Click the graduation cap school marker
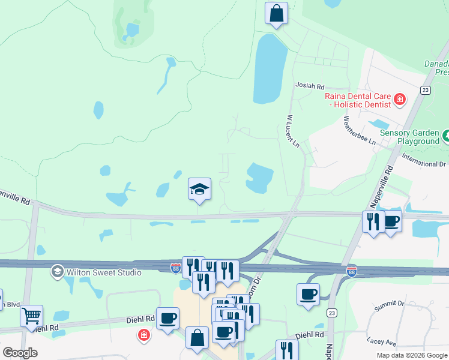tap(199, 190)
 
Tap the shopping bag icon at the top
tap(276, 13)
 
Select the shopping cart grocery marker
tap(31, 314)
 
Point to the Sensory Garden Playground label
tap(418, 137)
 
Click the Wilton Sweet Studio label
tap(104, 272)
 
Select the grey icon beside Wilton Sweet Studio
tap(58, 272)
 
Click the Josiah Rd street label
tap(310, 86)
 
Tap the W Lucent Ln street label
tap(292, 131)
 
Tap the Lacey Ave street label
tap(382, 343)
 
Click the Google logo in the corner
tap(20, 353)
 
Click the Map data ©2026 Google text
tap(412, 355)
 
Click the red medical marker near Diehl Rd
tap(143, 335)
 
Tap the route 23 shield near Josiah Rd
tap(425, 90)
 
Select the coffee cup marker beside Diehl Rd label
tap(168, 317)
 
